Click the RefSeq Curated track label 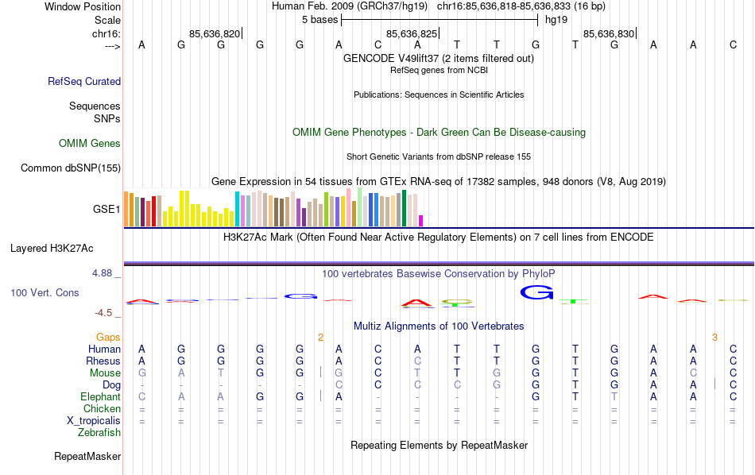pos(84,81)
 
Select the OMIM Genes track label pos(90,144)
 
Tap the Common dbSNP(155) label pos(71,168)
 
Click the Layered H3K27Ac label pos(65,248)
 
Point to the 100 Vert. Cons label pos(45,293)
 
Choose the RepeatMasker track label pos(87,457)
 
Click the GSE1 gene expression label pos(106,210)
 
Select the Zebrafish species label pos(99,433)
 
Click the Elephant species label pos(100,397)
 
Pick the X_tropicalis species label pos(94,421)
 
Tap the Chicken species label pos(103,409)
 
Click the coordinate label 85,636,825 pos(412,34)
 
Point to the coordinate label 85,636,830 pos(609,34)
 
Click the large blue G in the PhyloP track pos(536,292)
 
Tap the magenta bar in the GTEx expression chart pos(421,220)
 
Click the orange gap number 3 pos(714,338)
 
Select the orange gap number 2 pos(320,338)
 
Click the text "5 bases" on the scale pos(320,19)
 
